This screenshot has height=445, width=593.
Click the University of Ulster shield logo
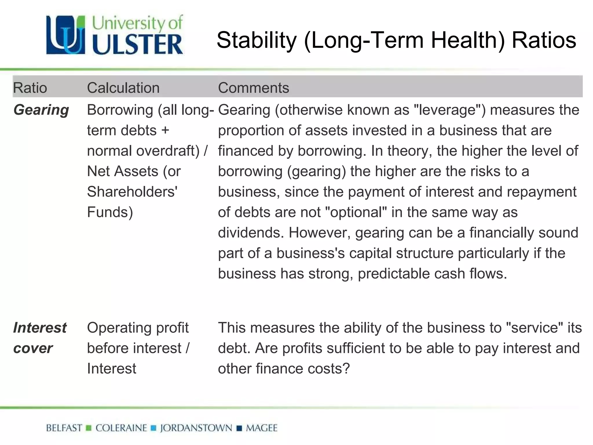click(66, 35)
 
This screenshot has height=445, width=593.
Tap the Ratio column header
click(30, 88)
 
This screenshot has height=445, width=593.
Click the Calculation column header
click(123, 88)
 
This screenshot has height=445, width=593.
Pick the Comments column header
click(253, 88)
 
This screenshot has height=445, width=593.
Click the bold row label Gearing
click(41, 110)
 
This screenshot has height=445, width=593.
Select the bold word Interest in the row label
click(40, 328)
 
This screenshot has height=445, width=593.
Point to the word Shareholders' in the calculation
click(132, 192)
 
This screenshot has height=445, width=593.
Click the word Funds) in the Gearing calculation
click(110, 212)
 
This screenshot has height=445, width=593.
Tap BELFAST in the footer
click(64, 428)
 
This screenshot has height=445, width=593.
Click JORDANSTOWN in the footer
click(196, 428)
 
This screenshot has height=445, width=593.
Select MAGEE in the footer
click(261, 428)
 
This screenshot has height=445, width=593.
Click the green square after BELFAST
click(89, 428)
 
